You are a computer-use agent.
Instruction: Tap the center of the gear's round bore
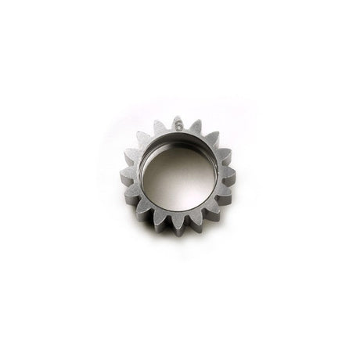(179, 175)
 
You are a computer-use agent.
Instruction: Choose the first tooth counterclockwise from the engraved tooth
(160, 128)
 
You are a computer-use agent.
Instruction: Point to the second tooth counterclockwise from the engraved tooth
(143, 139)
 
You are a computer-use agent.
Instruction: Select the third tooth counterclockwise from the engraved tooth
(132, 156)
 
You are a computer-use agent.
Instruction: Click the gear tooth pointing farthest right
(228, 175)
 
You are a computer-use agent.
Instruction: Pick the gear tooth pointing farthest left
(128, 174)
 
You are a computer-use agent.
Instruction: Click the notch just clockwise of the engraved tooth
(187, 130)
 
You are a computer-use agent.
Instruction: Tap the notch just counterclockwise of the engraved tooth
(169, 130)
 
